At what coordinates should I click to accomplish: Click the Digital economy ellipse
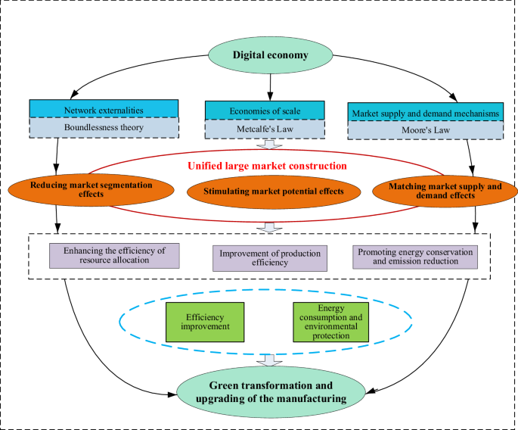270,55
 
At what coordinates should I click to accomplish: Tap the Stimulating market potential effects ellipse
273,191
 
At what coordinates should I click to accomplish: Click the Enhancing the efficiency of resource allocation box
114,255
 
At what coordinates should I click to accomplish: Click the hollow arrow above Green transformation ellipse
268,360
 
